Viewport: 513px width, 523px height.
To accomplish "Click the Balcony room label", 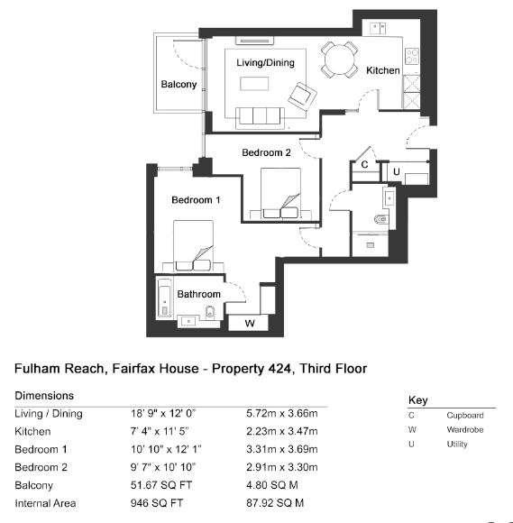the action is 179,84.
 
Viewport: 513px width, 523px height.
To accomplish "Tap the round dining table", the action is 340,60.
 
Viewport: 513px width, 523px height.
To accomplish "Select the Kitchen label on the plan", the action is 383,70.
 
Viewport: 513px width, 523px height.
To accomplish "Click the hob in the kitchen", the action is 412,57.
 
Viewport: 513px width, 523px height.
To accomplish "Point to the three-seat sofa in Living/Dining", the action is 261,118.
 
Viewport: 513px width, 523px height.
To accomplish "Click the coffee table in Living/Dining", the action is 254,84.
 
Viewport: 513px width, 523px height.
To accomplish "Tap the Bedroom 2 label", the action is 266,152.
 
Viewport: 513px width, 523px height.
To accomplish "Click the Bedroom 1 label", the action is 196,200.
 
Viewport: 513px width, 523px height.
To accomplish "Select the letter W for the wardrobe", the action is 250,323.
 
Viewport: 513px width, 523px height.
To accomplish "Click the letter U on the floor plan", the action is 397,171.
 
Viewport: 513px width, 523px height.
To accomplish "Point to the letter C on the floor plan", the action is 364,164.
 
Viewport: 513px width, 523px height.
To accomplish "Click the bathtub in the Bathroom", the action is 165,298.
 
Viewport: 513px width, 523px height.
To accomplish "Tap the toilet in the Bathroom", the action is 210,312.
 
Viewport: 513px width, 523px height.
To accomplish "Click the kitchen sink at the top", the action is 378,28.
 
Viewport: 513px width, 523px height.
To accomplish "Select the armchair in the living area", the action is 303,96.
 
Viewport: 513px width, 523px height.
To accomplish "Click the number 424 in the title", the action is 279,369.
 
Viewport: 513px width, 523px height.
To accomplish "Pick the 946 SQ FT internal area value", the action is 157,503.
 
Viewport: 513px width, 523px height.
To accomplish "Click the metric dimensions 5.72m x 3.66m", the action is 282,414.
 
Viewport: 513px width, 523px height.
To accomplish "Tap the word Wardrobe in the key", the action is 465,429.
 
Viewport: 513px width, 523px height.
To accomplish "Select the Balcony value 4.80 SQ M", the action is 272,485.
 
